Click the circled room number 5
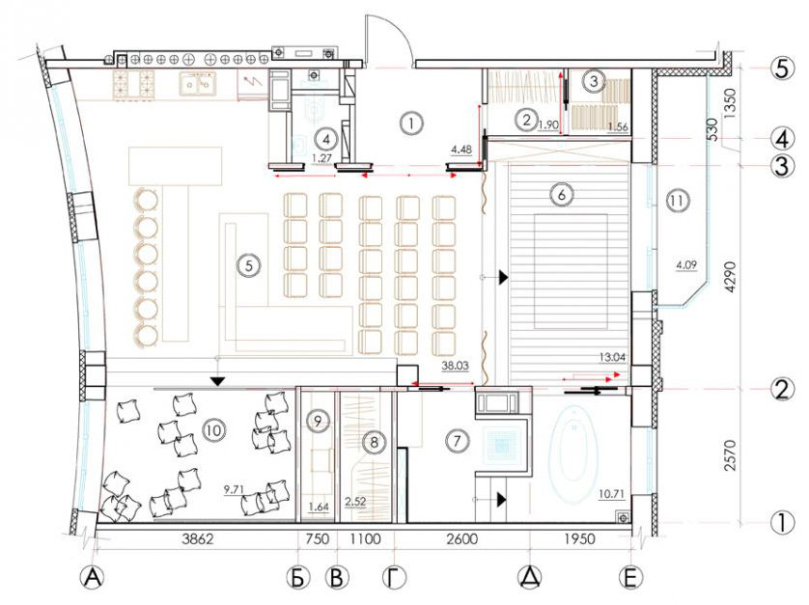249,265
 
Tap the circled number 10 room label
213,429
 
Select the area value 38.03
455,366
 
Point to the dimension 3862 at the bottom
198,539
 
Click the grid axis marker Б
297,578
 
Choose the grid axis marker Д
530,578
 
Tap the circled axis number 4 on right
782,139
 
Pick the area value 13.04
612,356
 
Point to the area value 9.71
234,489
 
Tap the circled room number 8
374,442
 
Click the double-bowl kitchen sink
198,84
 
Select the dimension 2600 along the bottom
462,539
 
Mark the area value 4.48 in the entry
461,150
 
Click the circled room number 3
594,81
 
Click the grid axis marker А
92,578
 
